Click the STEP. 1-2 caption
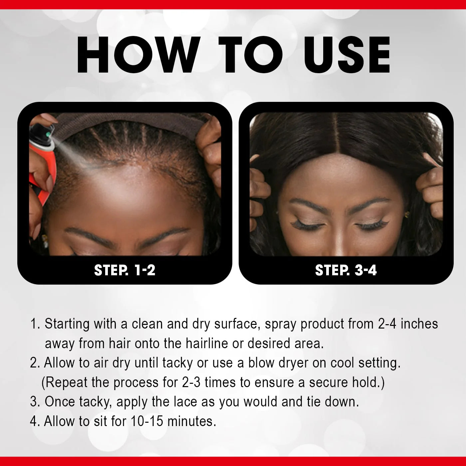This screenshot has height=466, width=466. (x=125, y=270)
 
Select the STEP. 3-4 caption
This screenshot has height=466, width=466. (x=346, y=270)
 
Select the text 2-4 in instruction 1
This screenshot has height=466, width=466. (x=387, y=324)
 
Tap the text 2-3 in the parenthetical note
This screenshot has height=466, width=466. (x=191, y=382)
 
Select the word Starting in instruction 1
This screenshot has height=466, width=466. (x=67, y=324)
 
